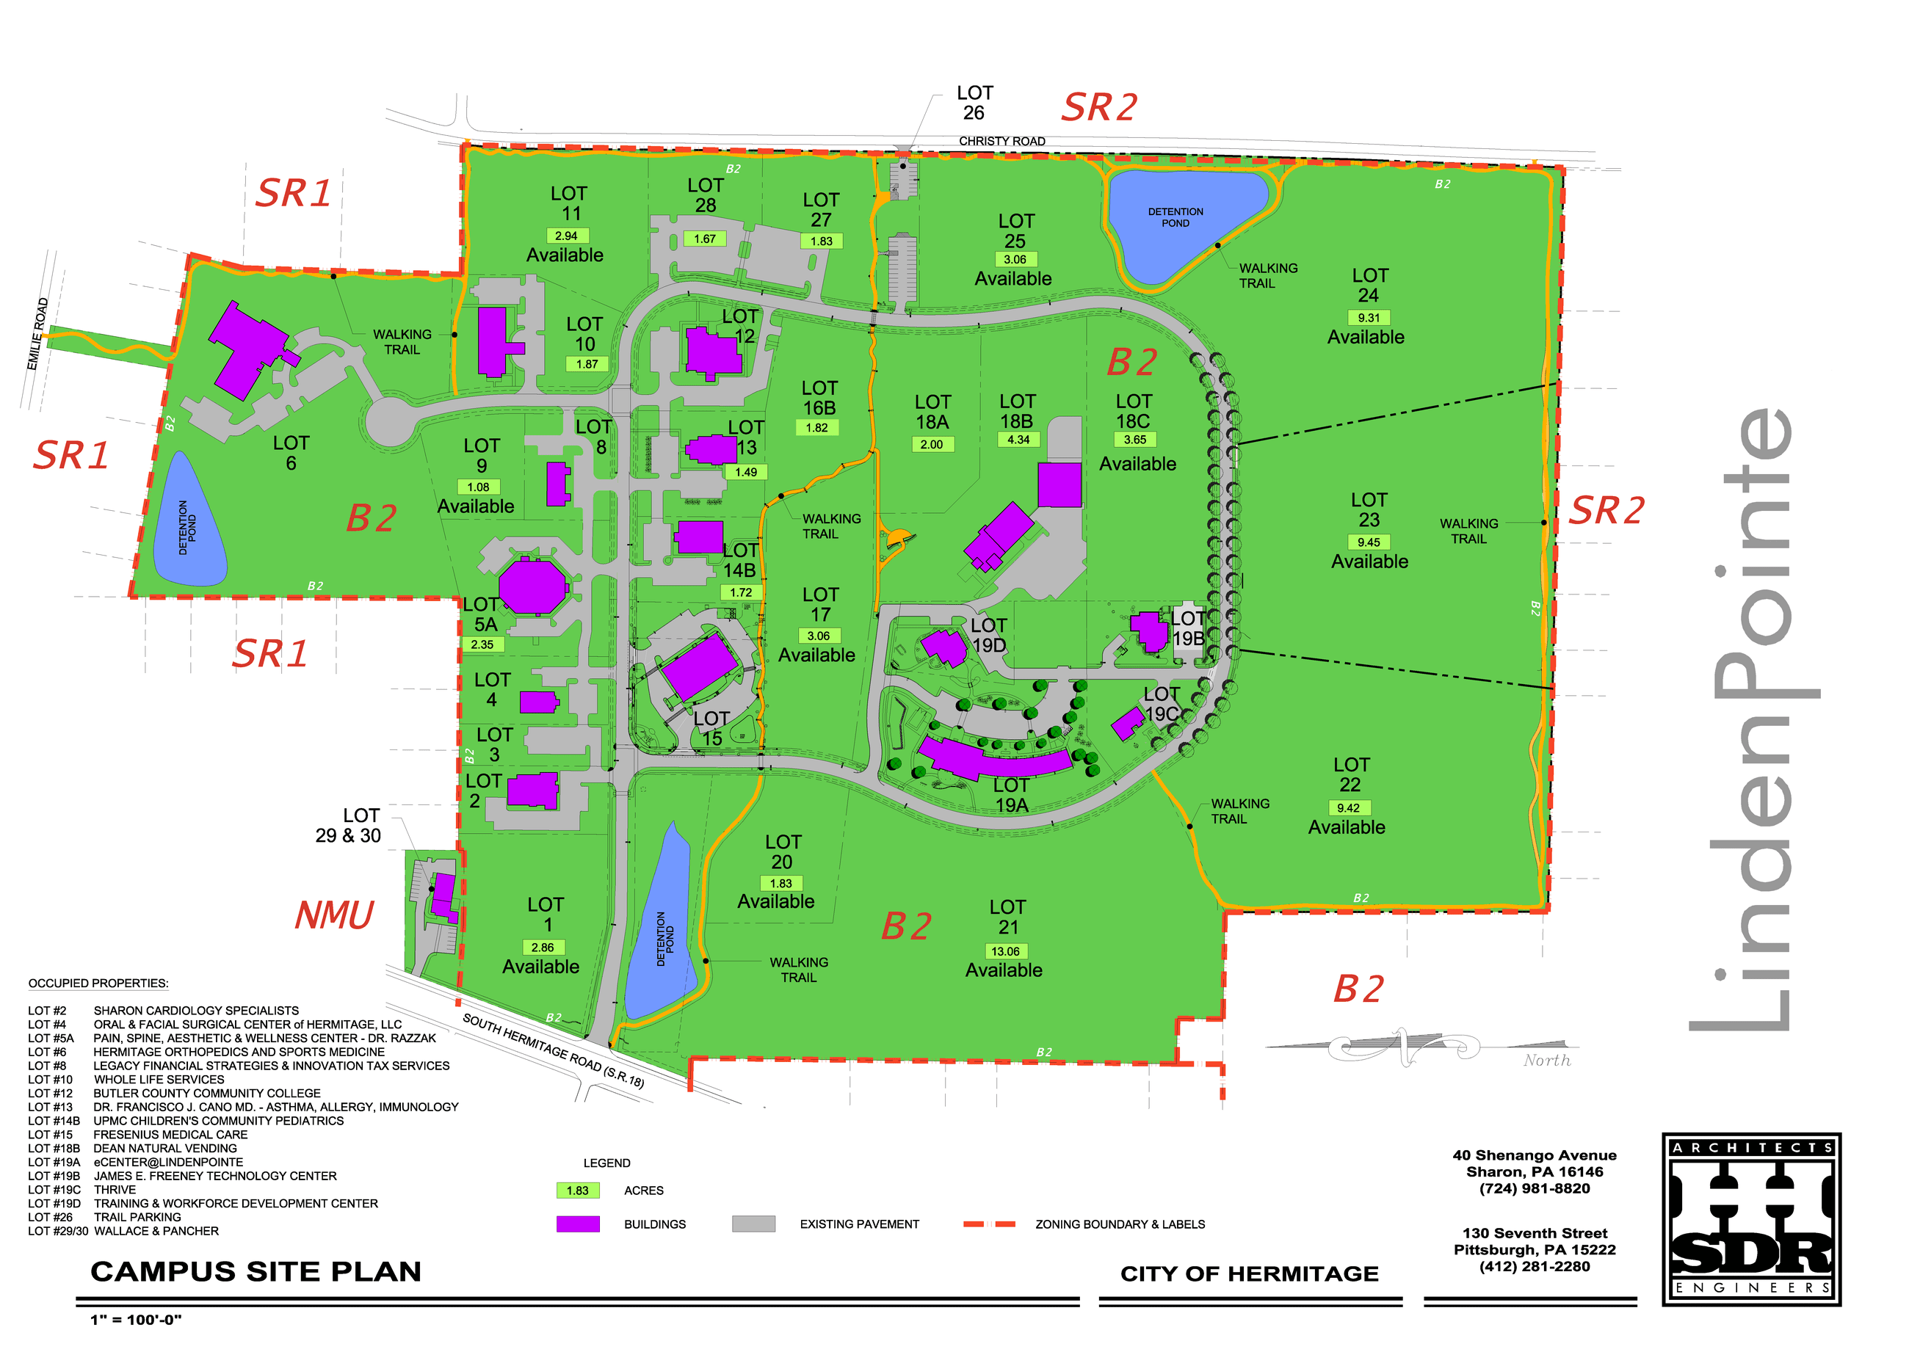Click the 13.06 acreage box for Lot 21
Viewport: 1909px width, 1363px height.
coord(1005,951)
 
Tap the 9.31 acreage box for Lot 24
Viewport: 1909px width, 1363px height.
coord(1369,317)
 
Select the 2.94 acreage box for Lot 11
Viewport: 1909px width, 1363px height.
coord(568,236)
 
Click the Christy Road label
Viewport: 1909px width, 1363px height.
coord(1001,141)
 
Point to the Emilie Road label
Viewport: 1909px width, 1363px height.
coord(37,333)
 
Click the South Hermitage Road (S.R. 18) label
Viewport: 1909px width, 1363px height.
coord(553,1050)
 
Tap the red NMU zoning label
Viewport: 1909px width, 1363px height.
coord(334,915)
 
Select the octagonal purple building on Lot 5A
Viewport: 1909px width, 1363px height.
coord(532,586)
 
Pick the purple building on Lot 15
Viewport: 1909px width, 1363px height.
coord(698,667)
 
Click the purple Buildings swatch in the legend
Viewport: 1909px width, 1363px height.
coord(578,1224)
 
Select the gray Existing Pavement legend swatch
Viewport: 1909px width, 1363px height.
coord(753,1224)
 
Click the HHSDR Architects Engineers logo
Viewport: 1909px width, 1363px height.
coord(1751,1218)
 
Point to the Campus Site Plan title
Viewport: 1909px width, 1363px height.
coord(256,1271)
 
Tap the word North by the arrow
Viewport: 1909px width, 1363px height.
coord(1546,1060)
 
